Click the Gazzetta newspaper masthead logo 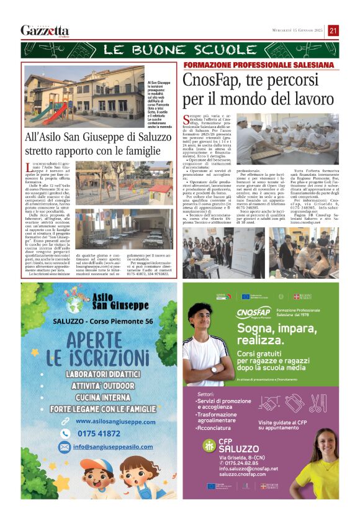point(45,30)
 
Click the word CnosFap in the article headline point(211,81)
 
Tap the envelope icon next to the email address point(65,447)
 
